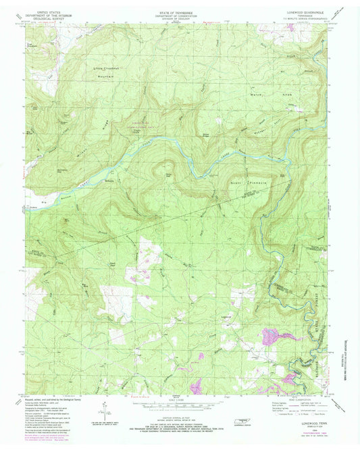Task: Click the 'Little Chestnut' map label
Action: (106, 69)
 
